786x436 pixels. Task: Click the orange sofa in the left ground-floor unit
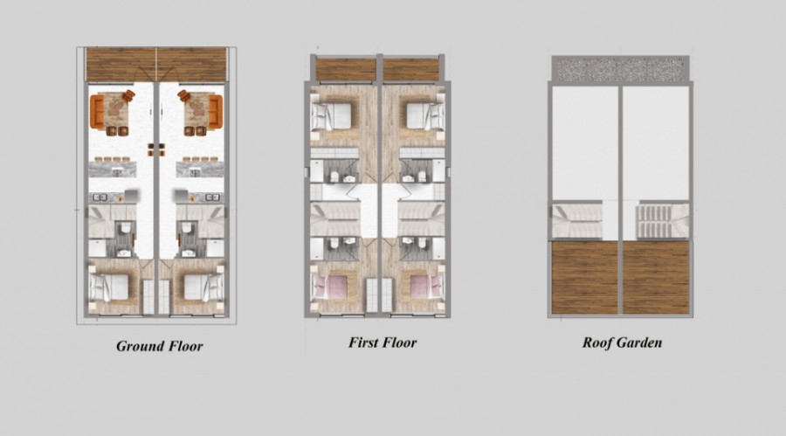pos(97,111)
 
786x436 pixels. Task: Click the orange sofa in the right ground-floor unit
pos(216,111)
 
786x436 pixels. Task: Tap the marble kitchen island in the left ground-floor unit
pos(113,170)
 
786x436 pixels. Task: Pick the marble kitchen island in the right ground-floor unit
pos(199,170)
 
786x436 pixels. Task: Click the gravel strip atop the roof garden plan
pos(621,69)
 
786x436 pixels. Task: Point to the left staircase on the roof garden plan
pos(576,221)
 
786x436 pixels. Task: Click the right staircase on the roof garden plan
pos(663,221)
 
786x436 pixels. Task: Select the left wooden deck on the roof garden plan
pos(585,278)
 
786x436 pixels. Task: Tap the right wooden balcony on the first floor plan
pos(411,70)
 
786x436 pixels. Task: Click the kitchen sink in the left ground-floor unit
pos(99,197)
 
